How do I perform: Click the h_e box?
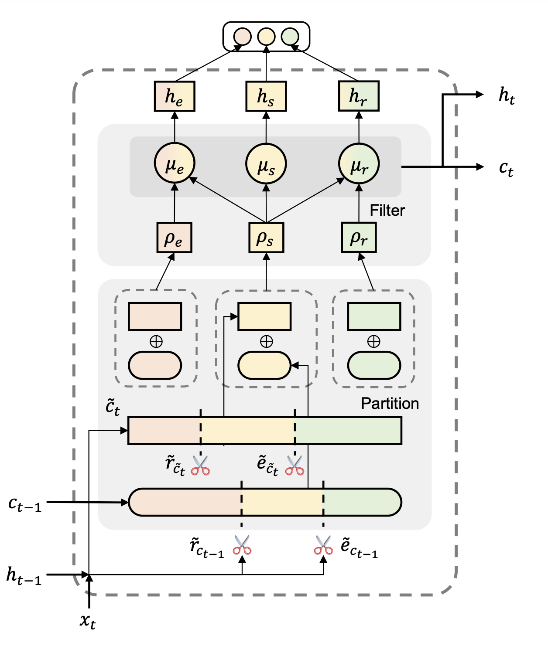point(175,96)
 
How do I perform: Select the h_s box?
point(266,96)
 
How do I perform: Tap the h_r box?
point(359,96)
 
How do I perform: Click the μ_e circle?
point(175,164)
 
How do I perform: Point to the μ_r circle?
point(359,164)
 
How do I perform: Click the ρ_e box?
point(174,238)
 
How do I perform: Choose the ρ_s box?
point(266,238)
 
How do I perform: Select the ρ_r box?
point(359,238)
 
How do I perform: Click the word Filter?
point(387,211)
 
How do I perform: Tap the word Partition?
point(390,404)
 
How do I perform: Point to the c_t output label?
point(506,168)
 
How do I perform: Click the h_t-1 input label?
point(24,575)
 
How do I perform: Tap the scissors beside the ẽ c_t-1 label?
point(323,545)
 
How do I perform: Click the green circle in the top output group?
point(290,37)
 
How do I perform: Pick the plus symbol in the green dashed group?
point(373,341)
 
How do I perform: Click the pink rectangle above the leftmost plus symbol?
point(155,316)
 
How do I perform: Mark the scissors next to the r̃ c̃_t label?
point(201,466)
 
